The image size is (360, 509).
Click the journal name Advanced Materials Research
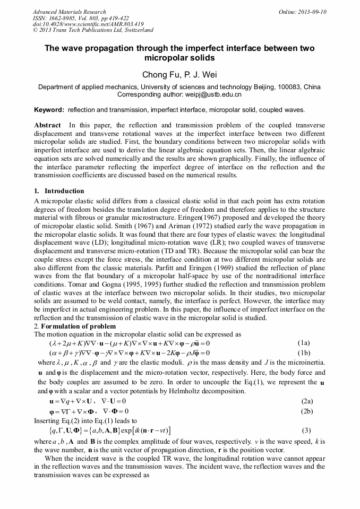[69, 12]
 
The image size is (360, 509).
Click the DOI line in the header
[88, 24]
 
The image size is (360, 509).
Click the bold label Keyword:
[49, 110]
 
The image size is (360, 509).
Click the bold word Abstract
[47, 125]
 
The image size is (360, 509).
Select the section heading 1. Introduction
[59, 191]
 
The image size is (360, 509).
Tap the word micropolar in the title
[165, 57]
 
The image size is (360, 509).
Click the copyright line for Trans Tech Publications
[93, 31]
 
